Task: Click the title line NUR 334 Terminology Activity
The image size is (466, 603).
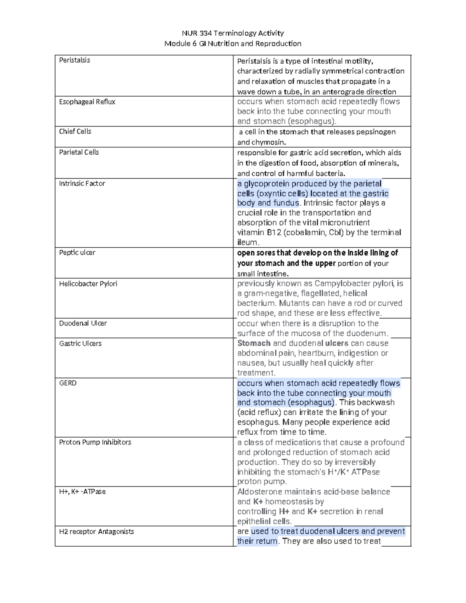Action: coord(233,33)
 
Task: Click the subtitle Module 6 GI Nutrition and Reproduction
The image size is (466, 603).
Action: coord(233,43)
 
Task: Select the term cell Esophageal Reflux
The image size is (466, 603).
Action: coord(87,102)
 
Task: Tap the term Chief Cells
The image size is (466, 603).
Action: coord(75,131)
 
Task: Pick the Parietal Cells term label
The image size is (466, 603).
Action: coord(79,152)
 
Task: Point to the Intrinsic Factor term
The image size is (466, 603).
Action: coord(82,183)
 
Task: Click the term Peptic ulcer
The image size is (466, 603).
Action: coord(77,252)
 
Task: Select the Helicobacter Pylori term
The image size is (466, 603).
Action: coord(88,283)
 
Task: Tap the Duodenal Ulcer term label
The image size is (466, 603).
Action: coord(83,323)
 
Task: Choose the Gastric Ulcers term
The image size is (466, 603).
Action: coord(80,343)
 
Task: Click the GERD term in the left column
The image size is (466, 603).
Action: coord(68,383)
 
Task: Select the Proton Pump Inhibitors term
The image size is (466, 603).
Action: coord(95,442)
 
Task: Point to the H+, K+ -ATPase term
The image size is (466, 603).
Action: coord(82,491)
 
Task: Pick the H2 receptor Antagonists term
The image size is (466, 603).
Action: coord(96,531)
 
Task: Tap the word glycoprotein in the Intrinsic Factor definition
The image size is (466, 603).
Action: coord(266,184)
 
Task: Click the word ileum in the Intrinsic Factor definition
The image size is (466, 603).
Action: coord(247,242)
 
